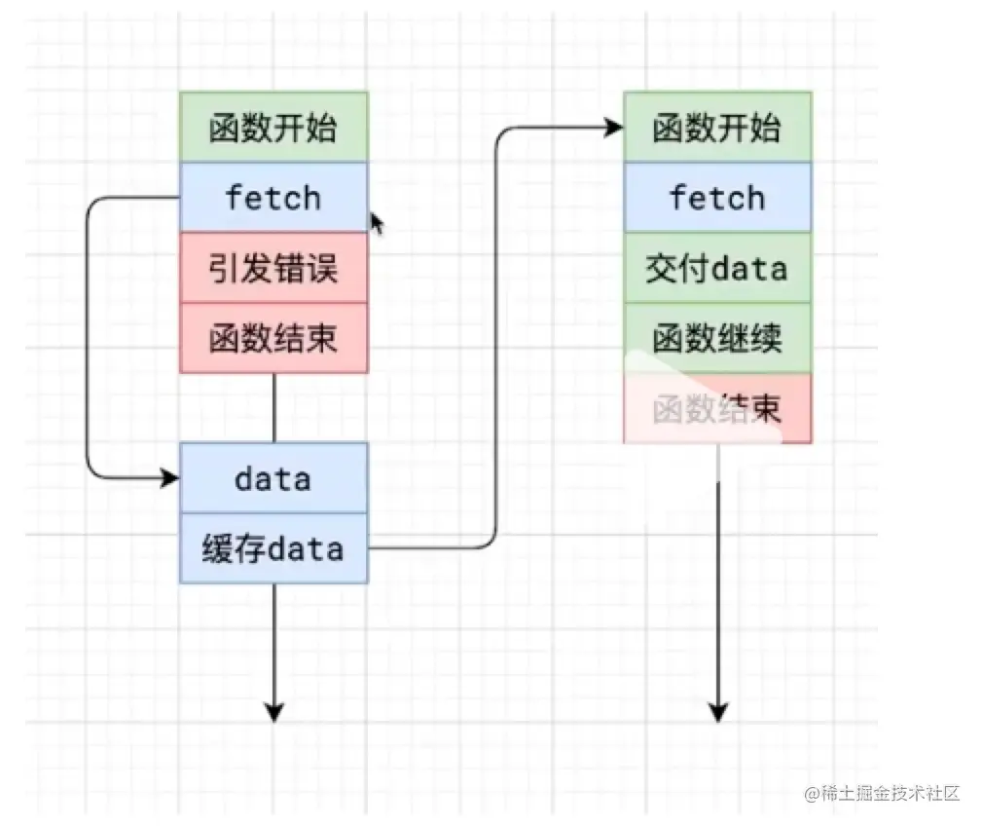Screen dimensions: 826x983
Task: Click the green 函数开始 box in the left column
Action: click(273, 128)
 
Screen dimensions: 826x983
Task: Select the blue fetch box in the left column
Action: click(273, 198)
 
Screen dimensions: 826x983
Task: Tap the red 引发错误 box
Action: click(273, 268)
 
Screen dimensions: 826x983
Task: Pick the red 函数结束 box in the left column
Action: click(273, 338)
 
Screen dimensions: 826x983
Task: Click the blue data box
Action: click(273, 478)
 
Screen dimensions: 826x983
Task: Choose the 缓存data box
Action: click(273, 548)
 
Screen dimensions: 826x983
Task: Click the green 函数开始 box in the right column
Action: click(717, 128)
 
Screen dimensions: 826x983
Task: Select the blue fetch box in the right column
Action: click(717, 198)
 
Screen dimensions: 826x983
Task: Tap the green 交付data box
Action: click(717, 268)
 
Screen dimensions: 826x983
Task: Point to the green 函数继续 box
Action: click(717, 338)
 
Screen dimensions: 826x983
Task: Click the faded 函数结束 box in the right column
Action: click(717, 408)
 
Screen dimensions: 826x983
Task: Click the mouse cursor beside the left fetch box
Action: click(376, 223)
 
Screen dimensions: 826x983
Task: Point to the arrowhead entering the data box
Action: click(171, 478)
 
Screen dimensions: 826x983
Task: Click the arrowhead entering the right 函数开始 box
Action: click(614, 128)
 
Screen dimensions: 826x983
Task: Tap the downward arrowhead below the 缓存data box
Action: click(273, 712)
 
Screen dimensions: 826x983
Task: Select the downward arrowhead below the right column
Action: click(718, 712)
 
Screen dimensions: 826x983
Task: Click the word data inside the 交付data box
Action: click(749, 268)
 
